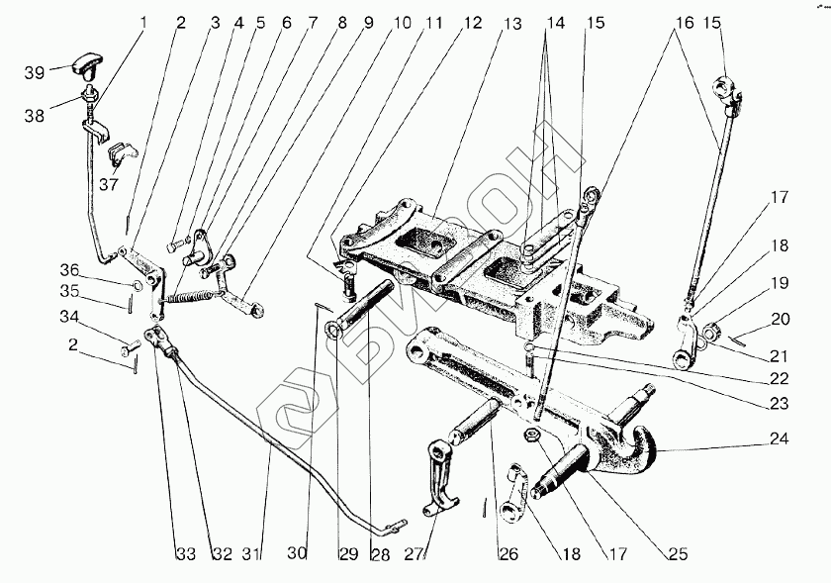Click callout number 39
pyautogui.click(x=35, y=73)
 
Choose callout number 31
pyautogui.click(x=255, y=553)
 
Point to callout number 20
pyautogui.click(x=782, y=319)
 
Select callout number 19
pyautogui.click(x=781, y=283)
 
